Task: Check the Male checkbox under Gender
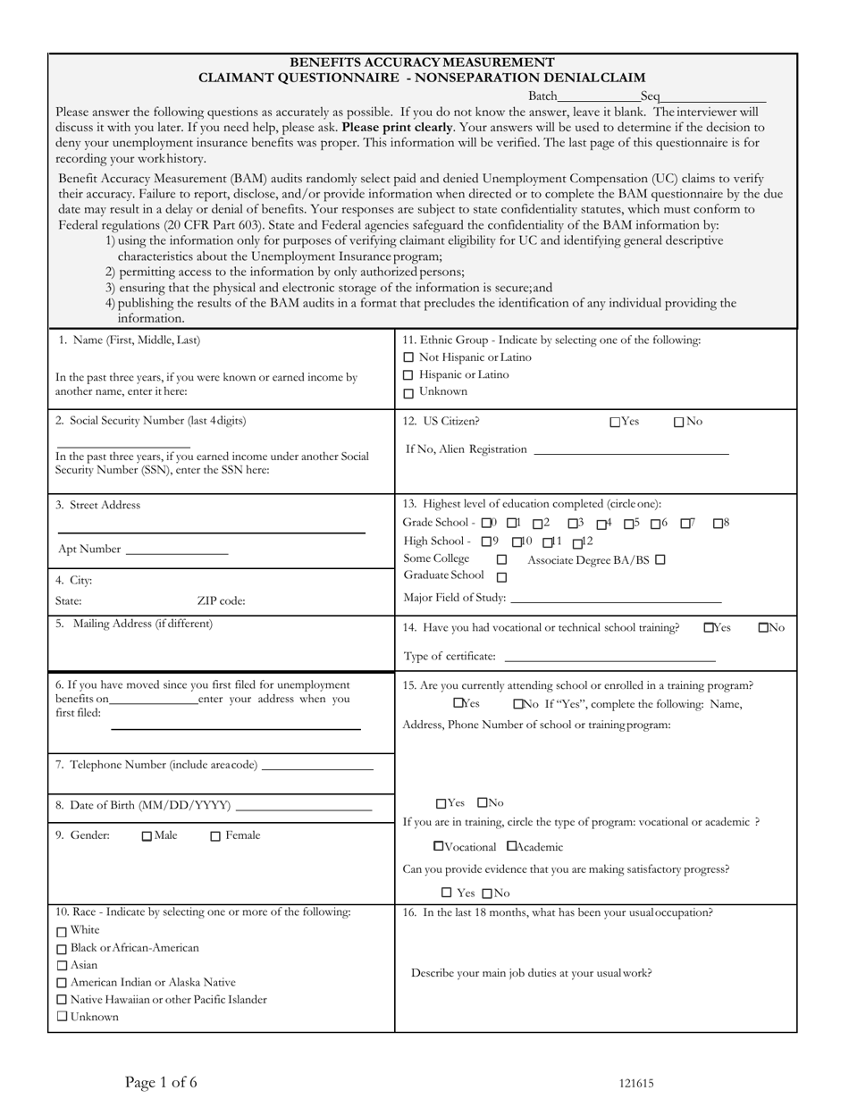click(147, 837)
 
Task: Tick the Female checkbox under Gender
click(215, 837)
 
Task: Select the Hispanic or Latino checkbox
click(408, 375)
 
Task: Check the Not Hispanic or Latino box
click(408, 358)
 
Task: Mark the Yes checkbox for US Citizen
click(615, 423)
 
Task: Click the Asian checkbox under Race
click(62, 966)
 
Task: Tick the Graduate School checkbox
click(501, 577)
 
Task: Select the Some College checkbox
click(501, 560)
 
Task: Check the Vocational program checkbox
click(438, 846)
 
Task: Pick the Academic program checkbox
click(511, 846)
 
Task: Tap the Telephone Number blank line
click(317, 768)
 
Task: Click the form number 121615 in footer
click(636, 1083)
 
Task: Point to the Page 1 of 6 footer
click(161, 1082)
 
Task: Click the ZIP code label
click(221, 601)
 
